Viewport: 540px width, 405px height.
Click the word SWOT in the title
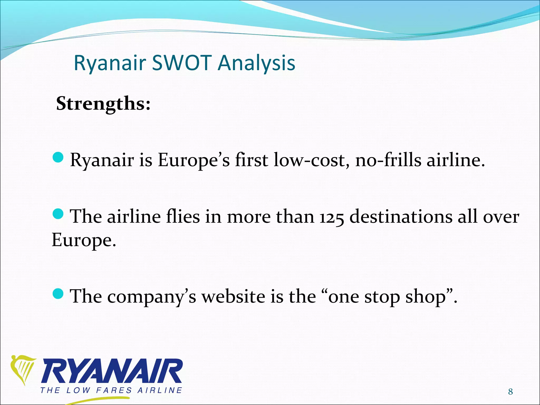pos(182,63)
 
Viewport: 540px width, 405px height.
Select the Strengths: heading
pos(103,104)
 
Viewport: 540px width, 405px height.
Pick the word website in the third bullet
pos(233,296)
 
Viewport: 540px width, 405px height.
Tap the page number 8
pos(510,392)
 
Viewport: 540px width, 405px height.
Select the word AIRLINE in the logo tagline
pos(160,390)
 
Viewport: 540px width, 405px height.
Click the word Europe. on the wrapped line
pos(84,240)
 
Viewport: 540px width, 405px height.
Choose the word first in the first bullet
pos(251,160)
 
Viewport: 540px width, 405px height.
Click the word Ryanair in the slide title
pos(110,64)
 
